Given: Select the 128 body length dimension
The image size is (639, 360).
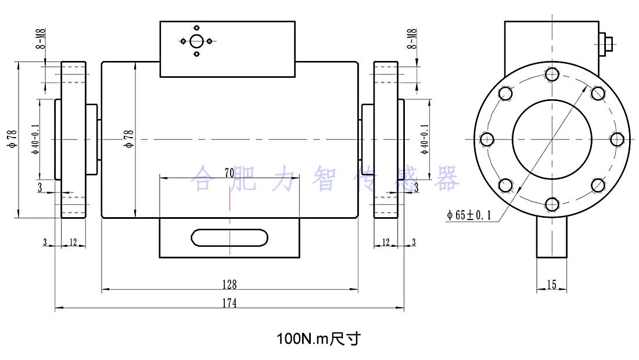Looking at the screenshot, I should [229, 284].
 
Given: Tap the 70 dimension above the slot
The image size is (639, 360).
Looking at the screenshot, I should [229, 172].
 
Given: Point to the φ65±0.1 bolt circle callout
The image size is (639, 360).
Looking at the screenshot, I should [469, 215].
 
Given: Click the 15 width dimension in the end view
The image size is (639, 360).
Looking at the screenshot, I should [551, 284].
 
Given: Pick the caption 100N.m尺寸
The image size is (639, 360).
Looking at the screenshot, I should [318, 339].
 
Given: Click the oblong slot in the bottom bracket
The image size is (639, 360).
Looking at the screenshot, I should [230, 237].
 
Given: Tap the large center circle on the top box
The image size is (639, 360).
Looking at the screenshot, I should [196, 41].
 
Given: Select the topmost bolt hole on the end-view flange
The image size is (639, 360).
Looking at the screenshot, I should [552, 74].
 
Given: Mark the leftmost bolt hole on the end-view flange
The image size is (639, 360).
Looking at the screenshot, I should [487, 139].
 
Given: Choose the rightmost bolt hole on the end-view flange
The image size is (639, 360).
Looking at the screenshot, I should [617, 139].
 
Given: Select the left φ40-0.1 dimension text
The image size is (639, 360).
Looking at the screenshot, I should [35, 139].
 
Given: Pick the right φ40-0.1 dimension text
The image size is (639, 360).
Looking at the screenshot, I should [425, 139].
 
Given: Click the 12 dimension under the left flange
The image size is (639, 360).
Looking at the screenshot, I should [73, 242].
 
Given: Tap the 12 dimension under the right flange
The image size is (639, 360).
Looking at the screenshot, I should [386, 242].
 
